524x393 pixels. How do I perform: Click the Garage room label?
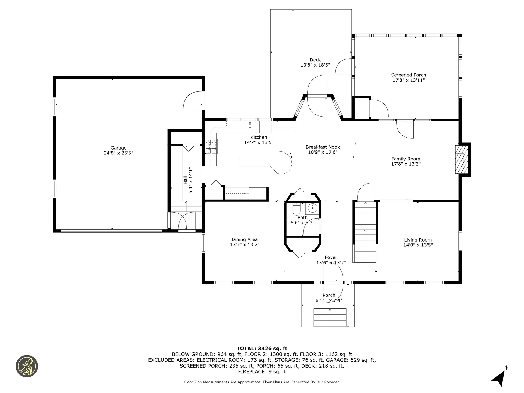tap(118, 148)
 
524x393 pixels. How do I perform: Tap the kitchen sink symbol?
tap(250, 127)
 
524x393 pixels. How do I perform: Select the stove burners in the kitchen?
tap(212, 147)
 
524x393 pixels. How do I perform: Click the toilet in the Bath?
tap(296, 210)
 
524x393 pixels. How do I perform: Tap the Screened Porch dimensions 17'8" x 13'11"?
tap(409, 80)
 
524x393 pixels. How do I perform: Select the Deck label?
tap(315, 60)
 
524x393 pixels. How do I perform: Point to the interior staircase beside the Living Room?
tap(365, 232)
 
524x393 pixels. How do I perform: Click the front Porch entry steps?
tap(330, 317)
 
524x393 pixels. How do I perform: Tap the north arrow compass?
tap(499, 378)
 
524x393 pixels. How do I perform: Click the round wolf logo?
tap(27, 366)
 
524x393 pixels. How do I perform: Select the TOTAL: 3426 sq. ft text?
tap(262, 349)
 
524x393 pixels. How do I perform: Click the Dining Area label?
tap(245, 240)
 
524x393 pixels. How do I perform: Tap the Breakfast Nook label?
tap(323, 147)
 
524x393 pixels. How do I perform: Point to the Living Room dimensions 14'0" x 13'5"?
tap(418, 245)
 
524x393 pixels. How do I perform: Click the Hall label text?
tap(186, 180)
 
